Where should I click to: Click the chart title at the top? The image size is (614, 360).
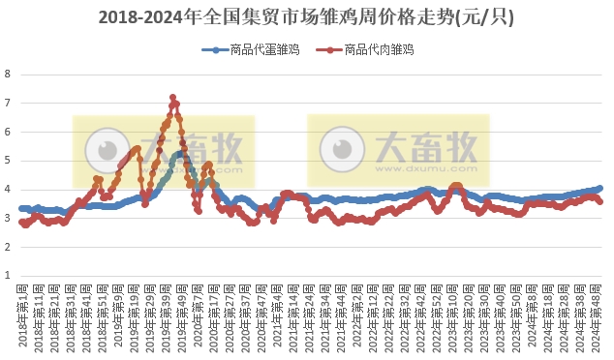(307, 17)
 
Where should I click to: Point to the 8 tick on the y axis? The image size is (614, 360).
(8, 74)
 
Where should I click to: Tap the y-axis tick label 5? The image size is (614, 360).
(8, 161)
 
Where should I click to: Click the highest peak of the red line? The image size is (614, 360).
(172, 97)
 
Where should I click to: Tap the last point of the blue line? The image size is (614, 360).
(600, 189)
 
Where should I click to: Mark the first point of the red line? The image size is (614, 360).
(21, 222)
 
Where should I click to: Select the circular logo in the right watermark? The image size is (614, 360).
(340, 149)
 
